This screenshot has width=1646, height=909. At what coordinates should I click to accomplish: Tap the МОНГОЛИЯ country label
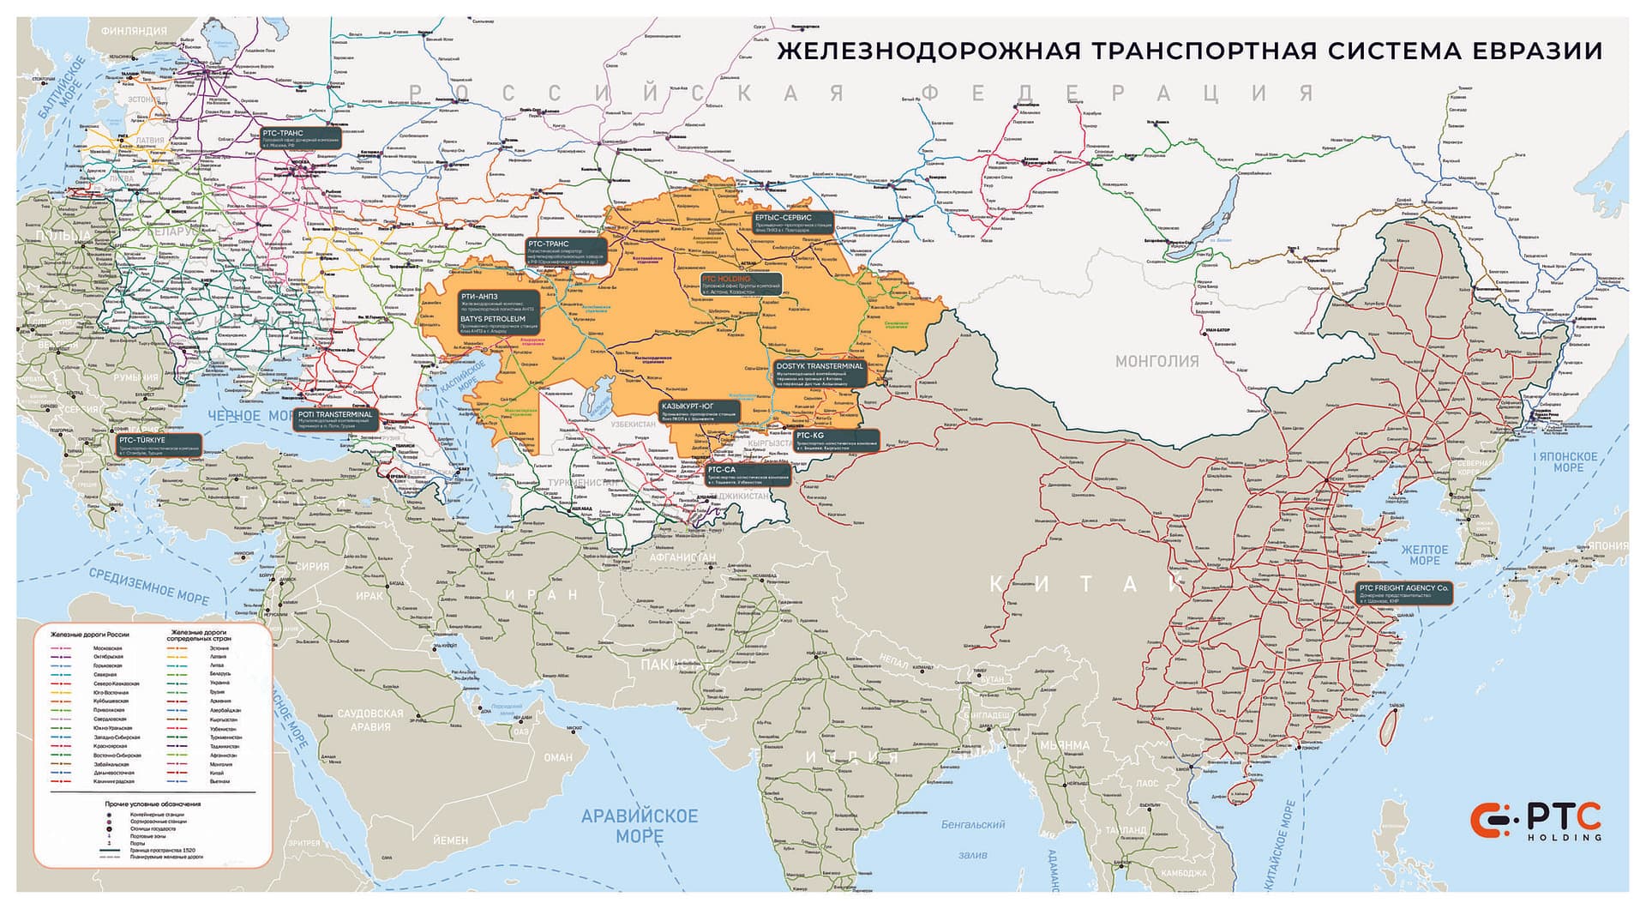(x=1156, y=361)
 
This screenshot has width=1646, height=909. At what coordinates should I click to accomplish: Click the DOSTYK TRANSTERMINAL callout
(x=820, y=371)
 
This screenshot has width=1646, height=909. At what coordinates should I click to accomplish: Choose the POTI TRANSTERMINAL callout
(x=336, y=418)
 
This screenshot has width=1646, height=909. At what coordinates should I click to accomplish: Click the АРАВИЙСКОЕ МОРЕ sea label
(x=640, y=825)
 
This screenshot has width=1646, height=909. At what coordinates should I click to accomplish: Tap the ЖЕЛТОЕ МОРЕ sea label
(x=1424, y=555)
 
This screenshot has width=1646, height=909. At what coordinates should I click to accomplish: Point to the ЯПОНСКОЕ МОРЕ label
(x=1569, y=461)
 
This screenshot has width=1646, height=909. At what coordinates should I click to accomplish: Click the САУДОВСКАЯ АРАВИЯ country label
(x=369, y=719)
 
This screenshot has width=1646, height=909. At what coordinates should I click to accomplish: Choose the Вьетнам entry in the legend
(x=219, y=782)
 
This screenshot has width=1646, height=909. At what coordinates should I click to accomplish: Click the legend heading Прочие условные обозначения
(x=153, y=804)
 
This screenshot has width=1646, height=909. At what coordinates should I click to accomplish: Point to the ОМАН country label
(x=557, y=757)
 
